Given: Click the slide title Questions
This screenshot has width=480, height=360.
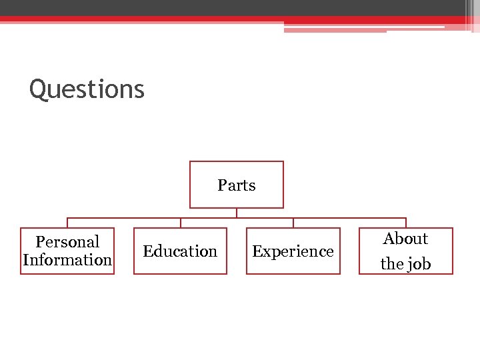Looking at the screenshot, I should click(x=87, y=89).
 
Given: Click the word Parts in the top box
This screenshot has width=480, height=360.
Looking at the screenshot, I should click(x=237, y=185).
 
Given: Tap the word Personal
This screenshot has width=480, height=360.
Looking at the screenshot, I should click(x=67, y=242).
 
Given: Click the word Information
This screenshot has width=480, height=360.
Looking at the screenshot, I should click(x=67, y=260).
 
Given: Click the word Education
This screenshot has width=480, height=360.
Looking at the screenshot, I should click(x=180, y=251).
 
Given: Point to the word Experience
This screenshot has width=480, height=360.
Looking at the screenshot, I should click(x=293, y=251).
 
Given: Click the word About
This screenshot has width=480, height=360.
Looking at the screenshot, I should click(x=405, y=239).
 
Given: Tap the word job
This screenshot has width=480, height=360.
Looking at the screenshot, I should click(x=419, y=264).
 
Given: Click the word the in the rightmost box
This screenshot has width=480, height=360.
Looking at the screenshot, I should click(x=392, y=264).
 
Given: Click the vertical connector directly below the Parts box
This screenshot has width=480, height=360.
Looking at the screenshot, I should click(x=237, y=213).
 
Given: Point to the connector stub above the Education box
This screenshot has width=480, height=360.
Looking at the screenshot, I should click(x=180, y=223).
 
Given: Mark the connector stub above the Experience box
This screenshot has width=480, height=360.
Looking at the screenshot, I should click(x=293, y=223).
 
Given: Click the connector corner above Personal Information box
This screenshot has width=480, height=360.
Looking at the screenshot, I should click(x=67, y=218).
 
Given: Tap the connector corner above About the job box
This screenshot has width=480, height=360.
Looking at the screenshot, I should click(x=406, y=218).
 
